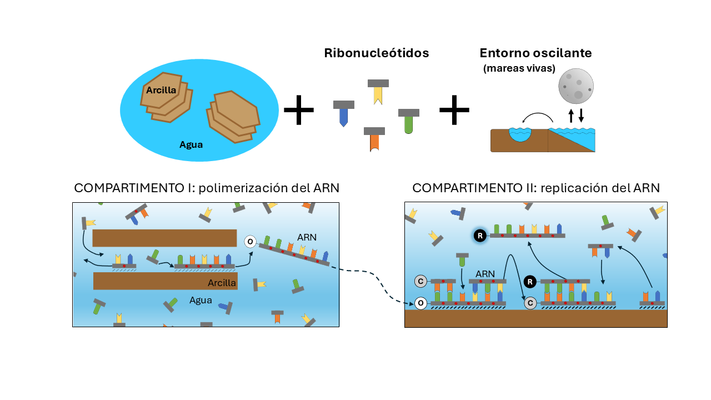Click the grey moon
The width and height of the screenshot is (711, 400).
[576, 86]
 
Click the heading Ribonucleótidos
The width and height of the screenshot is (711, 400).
[377, 53]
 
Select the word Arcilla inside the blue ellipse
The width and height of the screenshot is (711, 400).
[161, 90]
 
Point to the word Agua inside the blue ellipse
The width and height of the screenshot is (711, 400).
[191, 145]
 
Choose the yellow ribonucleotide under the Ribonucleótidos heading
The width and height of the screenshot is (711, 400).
[378, 92]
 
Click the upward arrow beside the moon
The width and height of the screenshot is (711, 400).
[571, 116]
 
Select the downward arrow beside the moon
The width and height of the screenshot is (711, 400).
[581, 116]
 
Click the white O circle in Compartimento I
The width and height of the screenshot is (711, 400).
[251, 242]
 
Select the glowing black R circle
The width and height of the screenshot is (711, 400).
[480, 236]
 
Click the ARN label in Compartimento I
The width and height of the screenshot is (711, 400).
[307, 237]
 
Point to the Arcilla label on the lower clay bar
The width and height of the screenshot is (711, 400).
[222, 283]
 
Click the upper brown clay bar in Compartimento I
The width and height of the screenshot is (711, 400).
[164, 238]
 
